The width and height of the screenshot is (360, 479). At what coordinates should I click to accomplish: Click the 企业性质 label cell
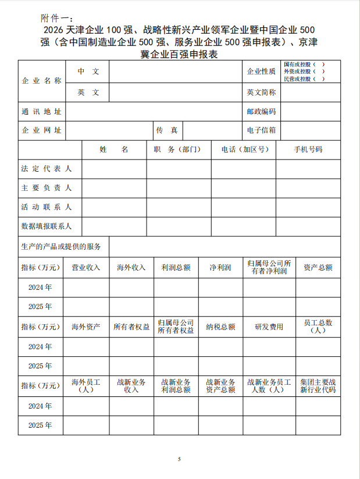tap(261, 71)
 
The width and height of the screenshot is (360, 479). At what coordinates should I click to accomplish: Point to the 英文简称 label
tap(261, 92)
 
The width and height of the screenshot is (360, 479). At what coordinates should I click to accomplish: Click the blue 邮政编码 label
tap(261, 112)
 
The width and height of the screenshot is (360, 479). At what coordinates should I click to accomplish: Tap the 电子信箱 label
tap(261, 130)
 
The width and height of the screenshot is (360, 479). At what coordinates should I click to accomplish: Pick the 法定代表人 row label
tap(47, 169)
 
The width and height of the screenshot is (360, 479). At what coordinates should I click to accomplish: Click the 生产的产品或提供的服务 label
tap(61, 247)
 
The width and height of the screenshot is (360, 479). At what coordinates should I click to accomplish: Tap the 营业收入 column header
tap(85, 268)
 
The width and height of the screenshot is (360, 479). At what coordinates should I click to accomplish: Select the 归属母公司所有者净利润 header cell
tap(269, 268)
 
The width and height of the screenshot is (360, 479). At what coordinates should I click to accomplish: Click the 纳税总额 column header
tap(220, 327)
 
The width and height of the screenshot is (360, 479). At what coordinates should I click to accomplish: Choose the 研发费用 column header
tap(269, 327)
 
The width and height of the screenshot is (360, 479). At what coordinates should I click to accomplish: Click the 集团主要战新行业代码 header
tap(318, 386)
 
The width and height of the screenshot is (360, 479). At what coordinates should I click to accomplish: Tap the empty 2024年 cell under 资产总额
tap(318, 288)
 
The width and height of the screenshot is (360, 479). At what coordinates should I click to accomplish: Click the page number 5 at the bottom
tap(180, 460)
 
